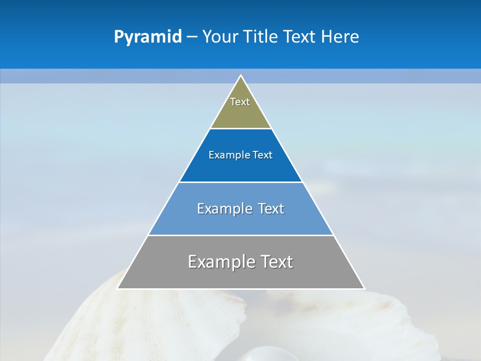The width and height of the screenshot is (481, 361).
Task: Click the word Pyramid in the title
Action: point(147,37)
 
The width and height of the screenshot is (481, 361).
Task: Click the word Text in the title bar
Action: point(300,37)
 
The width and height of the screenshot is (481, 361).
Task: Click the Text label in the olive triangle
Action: point(240,102)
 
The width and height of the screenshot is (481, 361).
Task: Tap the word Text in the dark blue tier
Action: point(263,155)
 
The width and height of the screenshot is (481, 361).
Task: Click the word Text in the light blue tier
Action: point(271,209)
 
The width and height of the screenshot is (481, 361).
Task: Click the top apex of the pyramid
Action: point(241,76)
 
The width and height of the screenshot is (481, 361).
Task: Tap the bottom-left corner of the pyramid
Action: point(118,288)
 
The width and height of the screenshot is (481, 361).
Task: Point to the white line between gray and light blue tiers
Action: point(241,235)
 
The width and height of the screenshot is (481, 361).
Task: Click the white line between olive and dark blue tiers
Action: point(241,128)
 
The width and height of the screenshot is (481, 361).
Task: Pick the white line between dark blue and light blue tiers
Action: point(241,182)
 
